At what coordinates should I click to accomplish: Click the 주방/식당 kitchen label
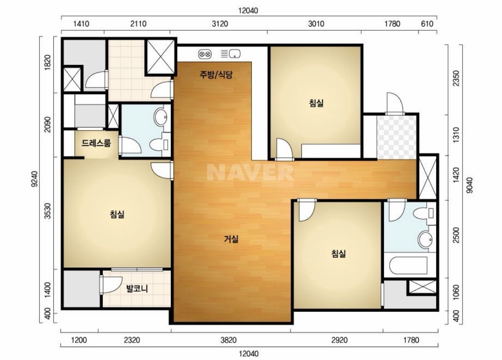[216, 75]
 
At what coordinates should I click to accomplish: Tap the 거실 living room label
[231, 239]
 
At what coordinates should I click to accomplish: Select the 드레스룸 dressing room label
[96, 143]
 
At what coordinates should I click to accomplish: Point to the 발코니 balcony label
[137, 288]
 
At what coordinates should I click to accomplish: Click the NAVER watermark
[250, 172]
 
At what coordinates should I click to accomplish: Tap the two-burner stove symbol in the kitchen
[205, 54]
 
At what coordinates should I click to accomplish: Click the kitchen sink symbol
[231, 54]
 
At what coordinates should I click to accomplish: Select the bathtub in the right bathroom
[408, 265]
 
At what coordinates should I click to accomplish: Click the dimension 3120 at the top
[220, 24]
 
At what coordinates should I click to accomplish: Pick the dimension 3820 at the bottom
[229, 340]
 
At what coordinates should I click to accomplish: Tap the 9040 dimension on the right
[470, 185]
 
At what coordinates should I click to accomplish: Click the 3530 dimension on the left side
[48, 211]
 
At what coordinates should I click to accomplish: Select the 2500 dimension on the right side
[456, 235]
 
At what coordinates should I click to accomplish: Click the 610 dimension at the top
[427, 24]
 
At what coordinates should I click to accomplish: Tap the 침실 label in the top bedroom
[316, 103]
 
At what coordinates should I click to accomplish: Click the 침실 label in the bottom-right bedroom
[338, 254]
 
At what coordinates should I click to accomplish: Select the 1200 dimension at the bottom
[79, 340]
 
